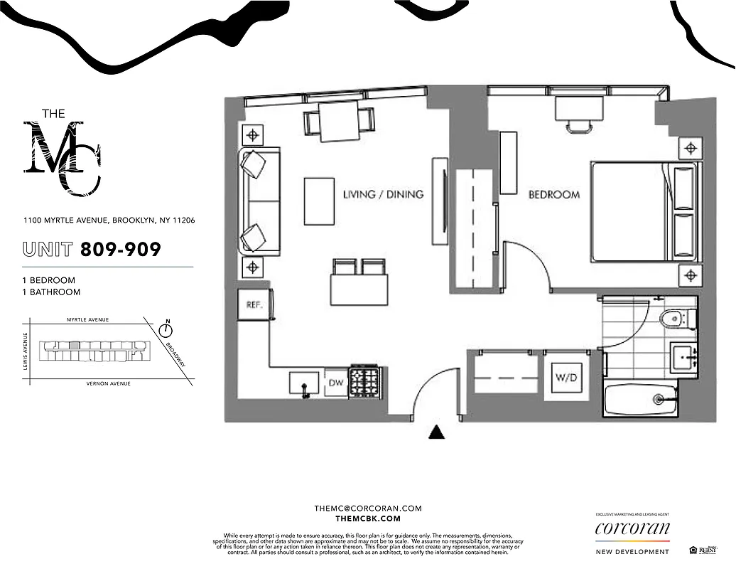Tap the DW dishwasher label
coord(335,382)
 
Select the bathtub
coord(640,402)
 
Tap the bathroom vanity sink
coord(683,355)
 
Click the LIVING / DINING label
coord(383,194)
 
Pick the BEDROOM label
coord(553,194)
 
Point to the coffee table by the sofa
coord(318,201)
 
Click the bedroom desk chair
coord(579,127)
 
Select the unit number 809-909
coord(121,250)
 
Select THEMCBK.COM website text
coord(368,519)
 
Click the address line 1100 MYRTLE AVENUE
coord(109,220)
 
